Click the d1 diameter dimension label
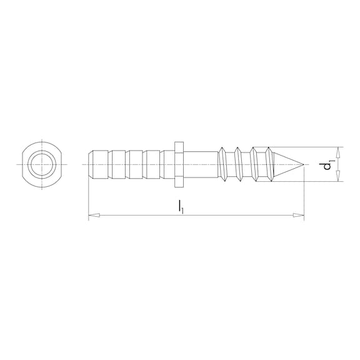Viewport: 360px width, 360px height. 326,165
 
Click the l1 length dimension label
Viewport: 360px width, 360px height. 181,206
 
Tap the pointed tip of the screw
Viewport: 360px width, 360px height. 302,165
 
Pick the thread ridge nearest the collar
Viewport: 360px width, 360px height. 222,164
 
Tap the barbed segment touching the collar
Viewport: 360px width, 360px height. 166,164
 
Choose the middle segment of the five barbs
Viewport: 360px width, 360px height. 134,164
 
